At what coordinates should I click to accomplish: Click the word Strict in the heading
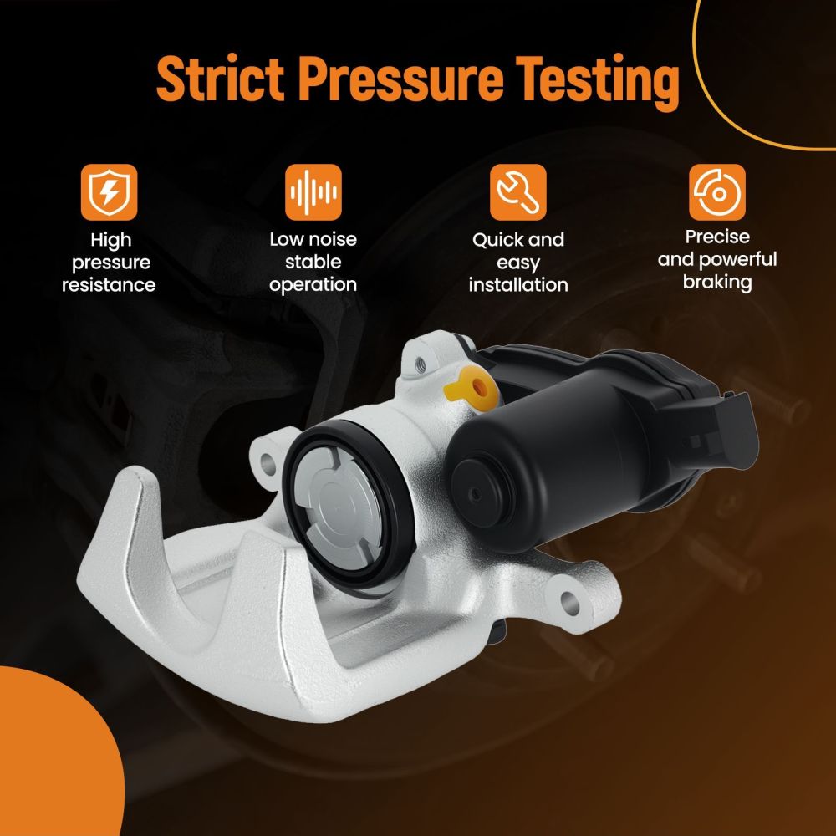coord(220,78)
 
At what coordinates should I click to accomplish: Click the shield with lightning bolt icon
coord(110,192)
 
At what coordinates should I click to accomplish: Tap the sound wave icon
coord(313,192)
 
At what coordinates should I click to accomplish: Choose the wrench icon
coord(518,192)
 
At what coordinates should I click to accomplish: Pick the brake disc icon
coord(717,192)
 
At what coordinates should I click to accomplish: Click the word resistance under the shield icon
coord(109,285)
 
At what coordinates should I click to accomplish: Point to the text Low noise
coord(313,239)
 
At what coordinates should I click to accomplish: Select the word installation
coord(518,285)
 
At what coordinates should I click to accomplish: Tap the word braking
coord(717,282)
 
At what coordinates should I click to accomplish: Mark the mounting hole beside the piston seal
coord(268,465)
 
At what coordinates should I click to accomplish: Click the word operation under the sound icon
coord(313,285)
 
